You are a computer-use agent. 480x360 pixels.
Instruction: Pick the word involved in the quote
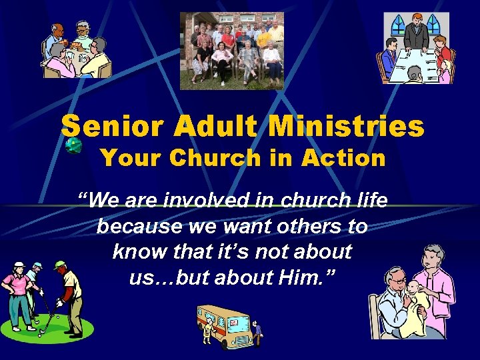209,200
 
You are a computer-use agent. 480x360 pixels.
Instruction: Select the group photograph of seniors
232,51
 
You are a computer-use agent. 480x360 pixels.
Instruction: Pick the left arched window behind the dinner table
398,26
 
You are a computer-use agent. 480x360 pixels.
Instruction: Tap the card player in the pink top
59,63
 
